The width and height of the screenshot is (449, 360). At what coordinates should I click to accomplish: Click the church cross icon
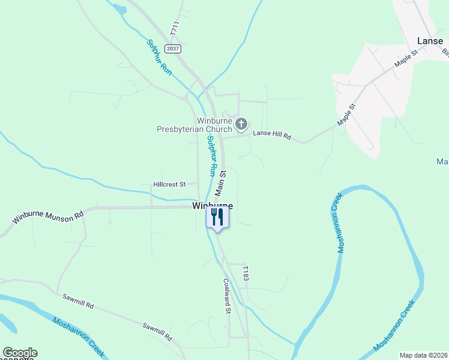[241, 124]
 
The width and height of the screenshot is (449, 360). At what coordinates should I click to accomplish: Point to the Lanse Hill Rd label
[271, 136]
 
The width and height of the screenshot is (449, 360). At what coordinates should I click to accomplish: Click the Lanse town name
[430, 41]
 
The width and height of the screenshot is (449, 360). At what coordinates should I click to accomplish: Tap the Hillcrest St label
[170, 184]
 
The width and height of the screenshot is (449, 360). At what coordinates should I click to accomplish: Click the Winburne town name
[212, 205]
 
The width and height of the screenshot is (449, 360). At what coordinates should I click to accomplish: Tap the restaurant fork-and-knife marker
[217, 217]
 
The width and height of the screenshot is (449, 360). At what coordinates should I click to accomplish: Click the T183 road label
[245, 274]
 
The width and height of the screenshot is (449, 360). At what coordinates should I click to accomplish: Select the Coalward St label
[227, 296]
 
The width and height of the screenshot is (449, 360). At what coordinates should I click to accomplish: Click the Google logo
[20, 353]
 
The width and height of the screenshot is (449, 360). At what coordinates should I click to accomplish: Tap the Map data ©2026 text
[423, 355]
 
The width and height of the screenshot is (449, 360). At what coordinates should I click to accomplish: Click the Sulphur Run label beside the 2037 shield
[160, 58]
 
